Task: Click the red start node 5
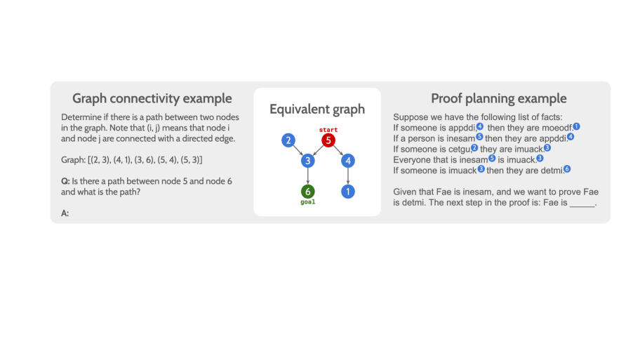[x=328, y=140]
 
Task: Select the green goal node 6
[x=308, y=192]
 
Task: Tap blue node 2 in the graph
[x=288, y=140]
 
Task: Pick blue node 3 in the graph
[x=308, y=161]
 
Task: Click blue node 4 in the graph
[x=348, y=161]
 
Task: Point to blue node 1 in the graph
[x=348, y=192]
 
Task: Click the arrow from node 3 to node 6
[x=308, y=176]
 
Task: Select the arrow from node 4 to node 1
[x=348, y=176]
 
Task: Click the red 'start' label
[x=328, y=130]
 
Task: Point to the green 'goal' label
[x=308, y=202]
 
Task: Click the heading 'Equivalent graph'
[x=317, y=109]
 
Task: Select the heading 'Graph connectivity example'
[x=152, y=98]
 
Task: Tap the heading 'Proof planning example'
[x=499, y=98]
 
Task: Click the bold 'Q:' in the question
[x=65, y=181]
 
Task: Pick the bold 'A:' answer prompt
[x=65, y=213]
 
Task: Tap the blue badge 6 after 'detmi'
[x=567, y=169]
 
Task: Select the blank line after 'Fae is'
[x=582, y=206]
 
